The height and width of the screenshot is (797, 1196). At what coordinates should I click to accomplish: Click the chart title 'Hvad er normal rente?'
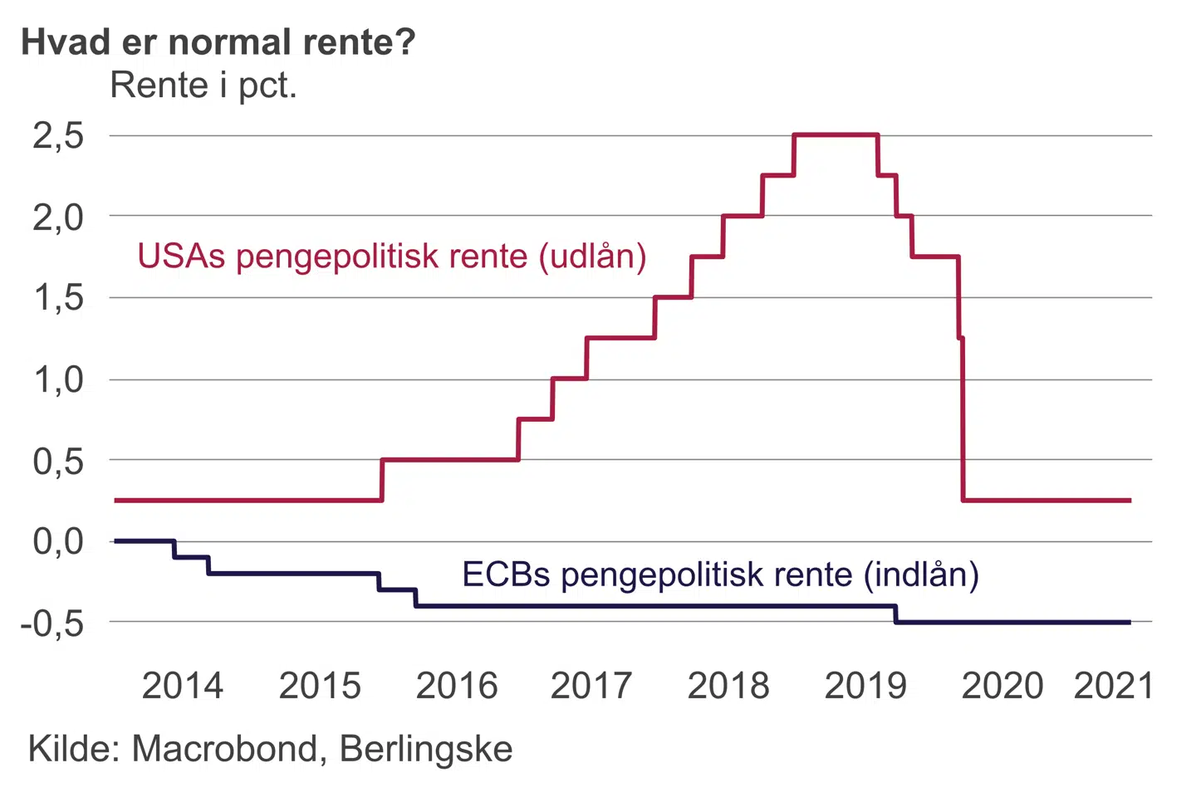pyautogui.click(x=218, y=42)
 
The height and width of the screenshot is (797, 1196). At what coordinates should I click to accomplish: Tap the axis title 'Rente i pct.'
pyautogui.click(x=203, y=85)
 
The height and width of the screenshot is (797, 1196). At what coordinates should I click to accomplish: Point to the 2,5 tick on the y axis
pyautogui.click(x=59, y=135)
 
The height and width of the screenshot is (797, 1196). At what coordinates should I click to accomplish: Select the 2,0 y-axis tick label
pyautogui.click(x=59, y=217)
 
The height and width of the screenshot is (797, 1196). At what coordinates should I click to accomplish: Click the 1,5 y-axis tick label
pyautogui.click(x=59, y=297)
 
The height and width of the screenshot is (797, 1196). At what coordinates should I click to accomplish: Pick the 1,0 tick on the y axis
pyautogui.click(x=59, y=379)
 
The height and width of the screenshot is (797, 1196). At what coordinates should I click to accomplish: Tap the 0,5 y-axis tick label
pyautogui.click(x=59, y=461)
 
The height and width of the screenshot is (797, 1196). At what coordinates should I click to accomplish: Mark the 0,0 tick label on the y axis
pyautogui.click(x=59, y=541)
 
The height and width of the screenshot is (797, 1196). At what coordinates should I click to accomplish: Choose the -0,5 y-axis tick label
pyautogui.click(x=52, y=623)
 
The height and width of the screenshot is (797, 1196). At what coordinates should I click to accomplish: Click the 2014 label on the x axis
pyautogui.click(x=183, y=686)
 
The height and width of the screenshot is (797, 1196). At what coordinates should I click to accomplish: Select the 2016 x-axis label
pyautogui.click(x=457, y=686)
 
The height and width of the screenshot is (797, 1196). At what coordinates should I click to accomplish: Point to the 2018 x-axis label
pyautogui.click(x=728, y=686)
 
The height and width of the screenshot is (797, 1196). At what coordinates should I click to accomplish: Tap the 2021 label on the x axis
pyautogui.click(x=1114, y=686)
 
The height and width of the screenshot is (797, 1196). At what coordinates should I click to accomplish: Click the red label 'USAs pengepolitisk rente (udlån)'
pyautogui.click(x=392, y=256)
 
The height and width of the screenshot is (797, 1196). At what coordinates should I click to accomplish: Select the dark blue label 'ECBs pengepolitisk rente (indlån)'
pyautogui.click(x=720, y=574)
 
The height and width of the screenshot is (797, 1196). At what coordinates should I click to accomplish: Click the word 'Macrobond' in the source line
pyautogui.click(x=224, y=749)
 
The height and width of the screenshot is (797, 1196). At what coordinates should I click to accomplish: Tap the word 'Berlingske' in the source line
pyautogui.click(x=426, y=749)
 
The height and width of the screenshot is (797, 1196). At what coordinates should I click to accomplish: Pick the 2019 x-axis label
pyautogui.click(x=865, y=686)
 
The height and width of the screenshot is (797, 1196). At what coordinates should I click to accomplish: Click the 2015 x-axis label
pyautogui.click(x=320, y=686)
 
